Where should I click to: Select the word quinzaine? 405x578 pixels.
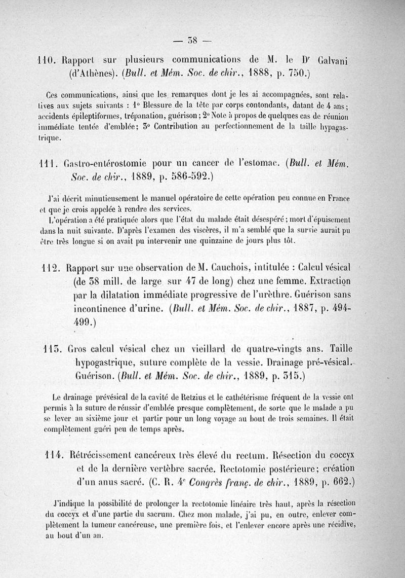225,240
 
